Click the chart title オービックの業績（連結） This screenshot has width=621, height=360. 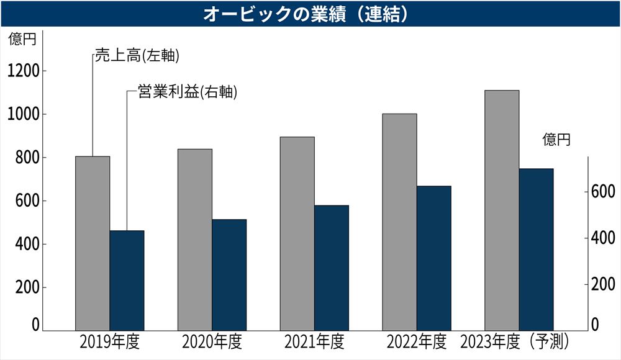[310, 14]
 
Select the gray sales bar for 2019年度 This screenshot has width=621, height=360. [93, 242]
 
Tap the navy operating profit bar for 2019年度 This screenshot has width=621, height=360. [127, 279]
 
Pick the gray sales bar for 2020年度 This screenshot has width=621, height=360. [195, 239]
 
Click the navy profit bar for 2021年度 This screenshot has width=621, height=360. [332, 267]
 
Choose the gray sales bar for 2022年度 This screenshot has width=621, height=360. [399, 221]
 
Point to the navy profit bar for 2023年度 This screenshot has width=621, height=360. [536, 248]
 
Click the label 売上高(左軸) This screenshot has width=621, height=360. [137, 56]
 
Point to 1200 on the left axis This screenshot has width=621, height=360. [24, 71]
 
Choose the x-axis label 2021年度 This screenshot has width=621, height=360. [314, 342]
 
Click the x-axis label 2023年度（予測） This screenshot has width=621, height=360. [515, 342]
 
